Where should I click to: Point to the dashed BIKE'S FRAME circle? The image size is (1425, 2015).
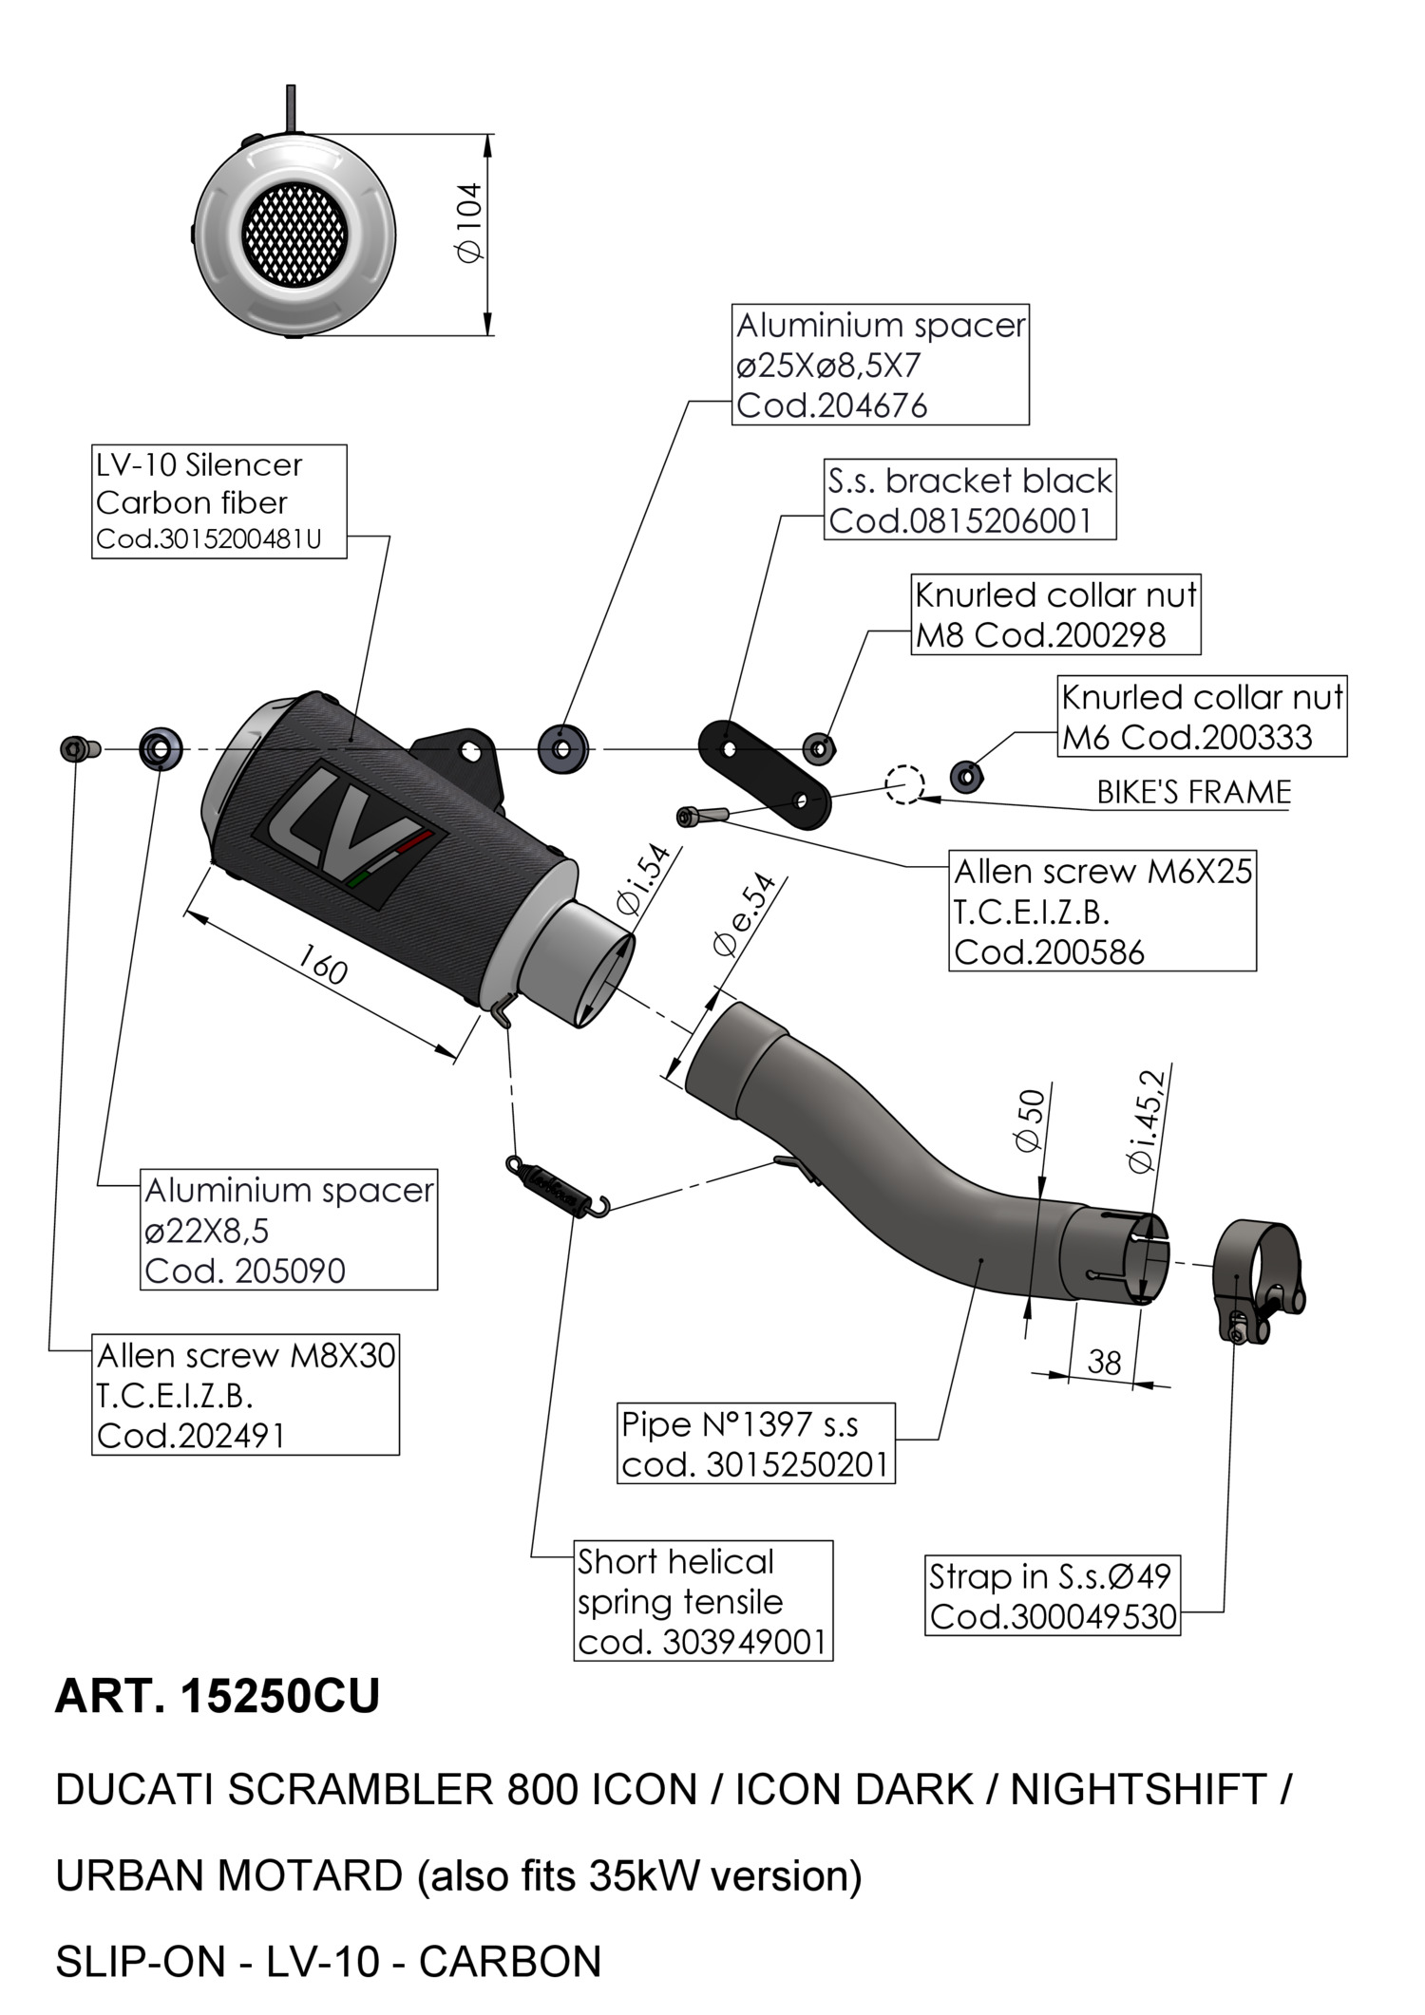[903, 784]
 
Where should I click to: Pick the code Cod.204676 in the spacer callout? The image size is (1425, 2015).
[831, 405]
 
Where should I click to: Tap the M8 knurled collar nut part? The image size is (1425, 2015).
[819, 748]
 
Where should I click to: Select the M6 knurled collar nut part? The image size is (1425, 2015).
[965, 776]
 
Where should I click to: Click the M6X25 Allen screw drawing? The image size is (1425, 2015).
[701, 815]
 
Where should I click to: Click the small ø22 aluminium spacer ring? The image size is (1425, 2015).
[161, 749]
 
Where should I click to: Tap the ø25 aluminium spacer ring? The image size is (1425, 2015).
[562, 749]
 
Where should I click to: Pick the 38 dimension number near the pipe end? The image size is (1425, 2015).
[1104, 1363]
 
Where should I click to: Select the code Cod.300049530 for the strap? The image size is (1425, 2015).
[1053, 1616]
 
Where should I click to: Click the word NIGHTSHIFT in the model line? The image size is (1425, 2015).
[1138, 1790]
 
